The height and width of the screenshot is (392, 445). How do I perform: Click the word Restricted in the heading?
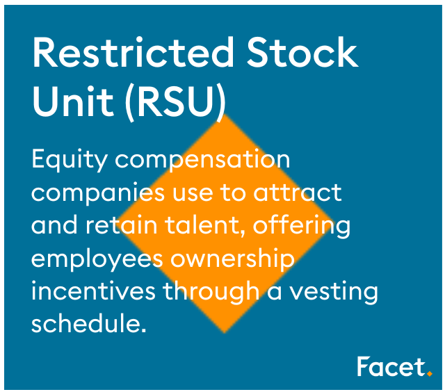[133, 52]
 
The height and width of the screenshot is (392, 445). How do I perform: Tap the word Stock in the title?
[302, 52]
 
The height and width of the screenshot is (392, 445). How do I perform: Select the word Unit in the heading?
[73, 101]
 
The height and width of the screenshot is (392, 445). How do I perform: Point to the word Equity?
[70, 160]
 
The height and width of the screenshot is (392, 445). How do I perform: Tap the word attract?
[298, 193]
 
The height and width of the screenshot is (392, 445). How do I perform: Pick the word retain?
[122, 224]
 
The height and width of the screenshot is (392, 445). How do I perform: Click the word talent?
[205, 224]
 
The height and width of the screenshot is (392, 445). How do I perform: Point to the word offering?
[302, 226]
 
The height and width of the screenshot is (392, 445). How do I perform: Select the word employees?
[97, 259]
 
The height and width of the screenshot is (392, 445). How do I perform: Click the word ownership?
[232, 259]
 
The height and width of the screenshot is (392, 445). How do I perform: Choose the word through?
[211, 292]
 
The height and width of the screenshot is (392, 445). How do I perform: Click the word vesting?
[334, 292]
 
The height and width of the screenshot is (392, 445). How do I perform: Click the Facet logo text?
[391, 366]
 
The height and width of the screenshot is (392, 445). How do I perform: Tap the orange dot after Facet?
[430, 373]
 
